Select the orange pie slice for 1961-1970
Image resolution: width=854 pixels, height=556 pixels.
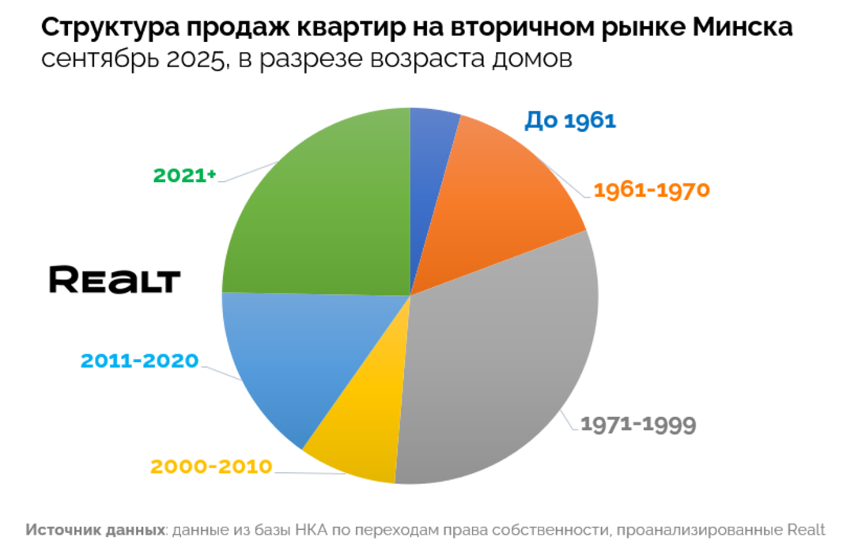coord(498,198)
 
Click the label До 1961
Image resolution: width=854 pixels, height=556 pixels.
coord(569,120)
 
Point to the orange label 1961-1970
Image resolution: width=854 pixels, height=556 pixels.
coord(652,191)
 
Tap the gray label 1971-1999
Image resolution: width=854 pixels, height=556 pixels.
coord(638,424)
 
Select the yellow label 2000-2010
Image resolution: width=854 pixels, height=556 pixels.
coord(211,466)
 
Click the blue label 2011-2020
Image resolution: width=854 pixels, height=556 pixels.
coord(139,361)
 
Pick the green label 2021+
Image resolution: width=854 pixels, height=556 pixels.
coord(184,175)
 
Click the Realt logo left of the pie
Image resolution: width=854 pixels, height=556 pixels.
coord(115,280)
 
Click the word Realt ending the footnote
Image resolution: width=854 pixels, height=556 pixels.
coord(806,530)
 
